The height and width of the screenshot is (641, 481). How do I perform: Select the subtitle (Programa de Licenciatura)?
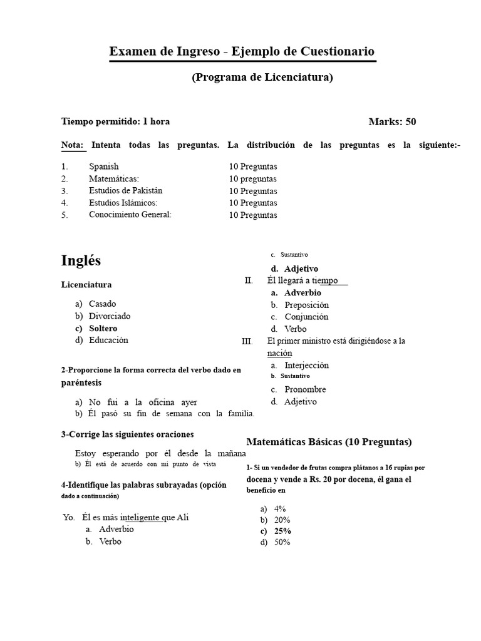coord(262,77)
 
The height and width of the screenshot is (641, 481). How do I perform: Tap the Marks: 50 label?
coord(392,121)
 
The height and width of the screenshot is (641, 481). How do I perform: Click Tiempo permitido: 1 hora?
coord(115,121)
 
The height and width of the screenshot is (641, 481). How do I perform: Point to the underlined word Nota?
coord(73,145)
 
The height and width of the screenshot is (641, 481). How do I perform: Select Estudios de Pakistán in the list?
coord(130,191)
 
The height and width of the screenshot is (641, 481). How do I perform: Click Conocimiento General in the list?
coord(130,215)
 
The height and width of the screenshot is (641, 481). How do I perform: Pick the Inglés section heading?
coord(81,260)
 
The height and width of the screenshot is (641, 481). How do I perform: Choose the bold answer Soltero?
coord(103,328)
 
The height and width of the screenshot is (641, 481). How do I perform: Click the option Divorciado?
coord(110,316)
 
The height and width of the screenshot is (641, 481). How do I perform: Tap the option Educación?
coord(108,340)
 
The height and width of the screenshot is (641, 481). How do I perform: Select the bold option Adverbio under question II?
coord(303,292)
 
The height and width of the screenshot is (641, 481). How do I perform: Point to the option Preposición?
coord(306,305)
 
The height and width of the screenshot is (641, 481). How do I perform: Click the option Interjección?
coord(306,365)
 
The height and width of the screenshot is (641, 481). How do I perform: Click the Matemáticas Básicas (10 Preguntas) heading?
coord(329,442)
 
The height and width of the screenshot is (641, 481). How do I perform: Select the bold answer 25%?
coord(282,531)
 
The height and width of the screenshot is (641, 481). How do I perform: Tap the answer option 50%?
coord(282,543)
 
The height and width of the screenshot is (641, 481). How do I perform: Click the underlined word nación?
coord(279,353)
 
